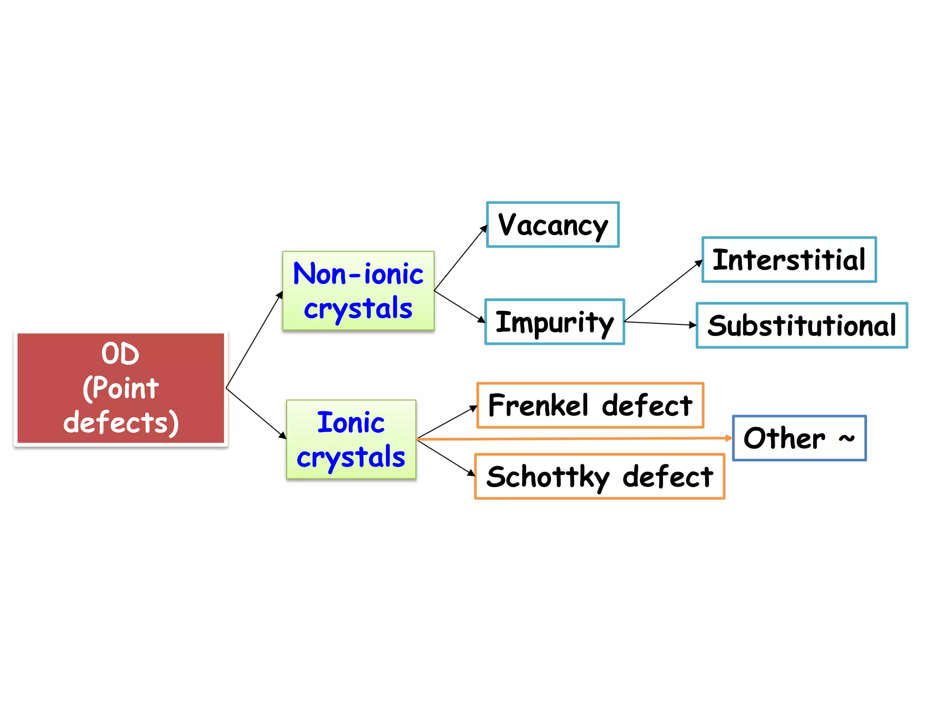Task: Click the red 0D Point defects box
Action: click(x=121, y=388)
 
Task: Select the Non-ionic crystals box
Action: click(x=358, y=291)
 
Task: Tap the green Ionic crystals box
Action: click(x=351, y=439)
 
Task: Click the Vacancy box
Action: click(x=552, y=225)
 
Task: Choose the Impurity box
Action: click(x=554, y=322)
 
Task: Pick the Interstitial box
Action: click(x=788, y=260)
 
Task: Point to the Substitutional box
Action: click(x=801, y=325)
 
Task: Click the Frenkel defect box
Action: click(x=590, y=405)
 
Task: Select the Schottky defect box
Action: click(x=599, y=476)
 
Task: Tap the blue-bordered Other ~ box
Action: click(x=799, y=438)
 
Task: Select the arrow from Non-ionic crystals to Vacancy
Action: click(x=460, y=258)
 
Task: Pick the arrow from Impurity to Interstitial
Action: click(x=663, y=291)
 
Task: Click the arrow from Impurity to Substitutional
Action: click(x=660, y=324)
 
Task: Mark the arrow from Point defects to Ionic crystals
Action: click(x=256, y=413)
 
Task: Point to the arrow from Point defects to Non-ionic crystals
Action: click(x=254, y=340)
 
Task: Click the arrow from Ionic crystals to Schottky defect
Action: click(x=446, y=458)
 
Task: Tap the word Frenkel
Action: click(x=538, y=405)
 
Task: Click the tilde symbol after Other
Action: click(x=846, y=438)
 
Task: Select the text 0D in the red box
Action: click(x=120, y=354)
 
